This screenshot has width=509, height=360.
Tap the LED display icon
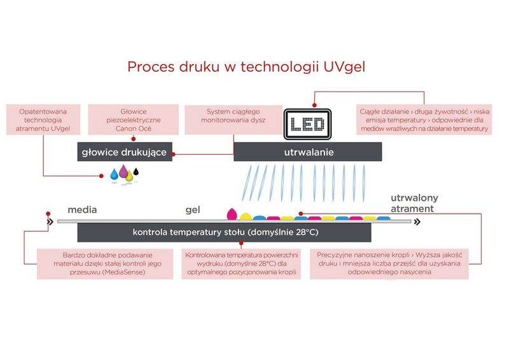308,123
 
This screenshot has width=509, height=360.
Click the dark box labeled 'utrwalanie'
308,153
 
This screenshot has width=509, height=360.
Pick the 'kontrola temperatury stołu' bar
225,232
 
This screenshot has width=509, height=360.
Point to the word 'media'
83,209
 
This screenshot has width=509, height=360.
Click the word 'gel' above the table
193,209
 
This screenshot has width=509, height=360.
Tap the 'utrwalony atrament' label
414,203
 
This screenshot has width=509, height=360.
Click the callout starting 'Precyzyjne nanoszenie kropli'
389,263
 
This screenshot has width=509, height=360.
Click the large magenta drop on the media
232,213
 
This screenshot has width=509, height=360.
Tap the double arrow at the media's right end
416,222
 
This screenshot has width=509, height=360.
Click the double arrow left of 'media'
50,222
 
